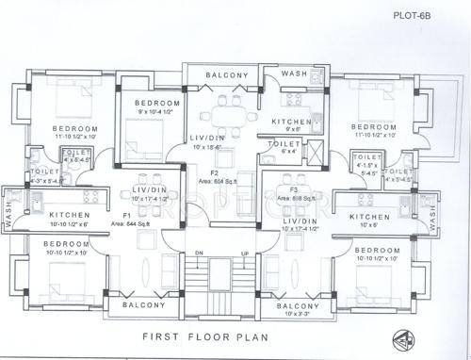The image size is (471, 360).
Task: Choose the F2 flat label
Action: point(216,173)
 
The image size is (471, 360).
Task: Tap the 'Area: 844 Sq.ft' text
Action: point(131,224)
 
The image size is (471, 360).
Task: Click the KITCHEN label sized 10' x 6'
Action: point(369,217)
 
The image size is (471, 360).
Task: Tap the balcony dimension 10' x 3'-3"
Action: point(296,314)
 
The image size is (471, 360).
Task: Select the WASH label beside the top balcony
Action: point(293,74)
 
